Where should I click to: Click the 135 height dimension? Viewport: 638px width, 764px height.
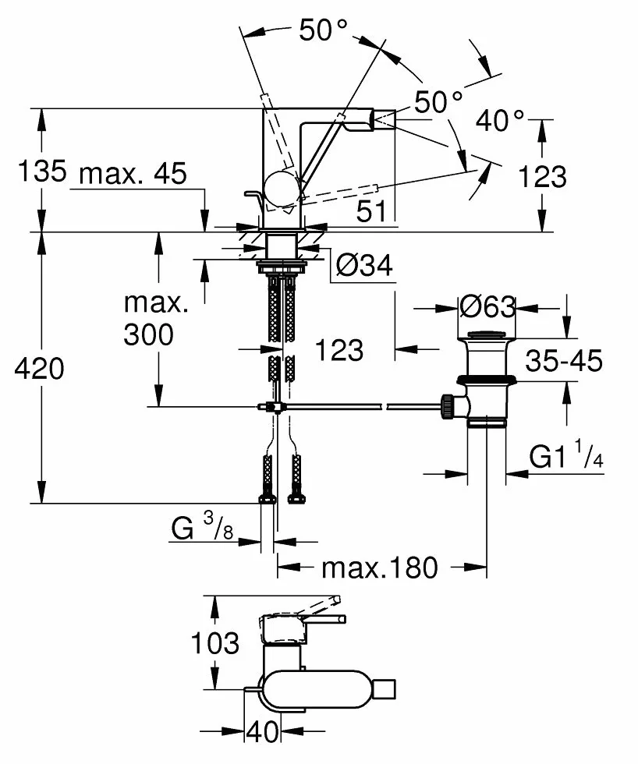(42, 171)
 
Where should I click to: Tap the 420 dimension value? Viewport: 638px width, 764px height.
(39, 368)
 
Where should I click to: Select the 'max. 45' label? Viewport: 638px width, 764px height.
(133, 173)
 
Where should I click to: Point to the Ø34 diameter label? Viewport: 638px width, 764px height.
(364, 266)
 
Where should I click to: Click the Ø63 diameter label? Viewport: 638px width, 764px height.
(487, 307)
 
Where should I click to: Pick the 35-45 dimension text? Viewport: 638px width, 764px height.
(564, 360)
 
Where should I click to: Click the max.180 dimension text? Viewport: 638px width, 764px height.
(380, 568)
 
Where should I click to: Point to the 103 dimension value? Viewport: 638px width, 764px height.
(215, 643)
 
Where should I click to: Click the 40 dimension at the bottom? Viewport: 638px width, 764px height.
(263, 731)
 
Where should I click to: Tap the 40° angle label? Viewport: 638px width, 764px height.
(501, 120)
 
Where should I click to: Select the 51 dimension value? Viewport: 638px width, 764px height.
(371, 211)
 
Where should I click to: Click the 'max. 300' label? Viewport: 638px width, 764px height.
(156, 319)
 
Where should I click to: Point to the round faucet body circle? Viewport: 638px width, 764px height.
(282, 189)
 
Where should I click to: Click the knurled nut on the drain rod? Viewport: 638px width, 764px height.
(447, 406)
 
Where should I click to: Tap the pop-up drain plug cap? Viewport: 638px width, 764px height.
(487, 334)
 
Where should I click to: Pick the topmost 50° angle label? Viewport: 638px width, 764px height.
(324, 30)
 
